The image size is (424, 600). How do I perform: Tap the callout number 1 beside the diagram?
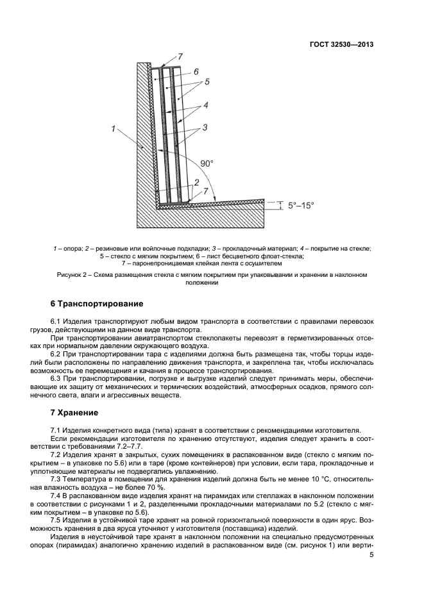pyautogui.click(x=114, y=129)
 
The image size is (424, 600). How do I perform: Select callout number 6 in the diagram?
pyautogui.click(x=196, y=72)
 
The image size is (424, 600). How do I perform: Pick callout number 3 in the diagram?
pyautogui.click(x=205, y=128)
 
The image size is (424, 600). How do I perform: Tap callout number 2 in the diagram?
pyautogui.click(x=197, y=183)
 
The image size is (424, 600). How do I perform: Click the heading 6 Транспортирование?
pyautogui.click(x=96, y=303)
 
